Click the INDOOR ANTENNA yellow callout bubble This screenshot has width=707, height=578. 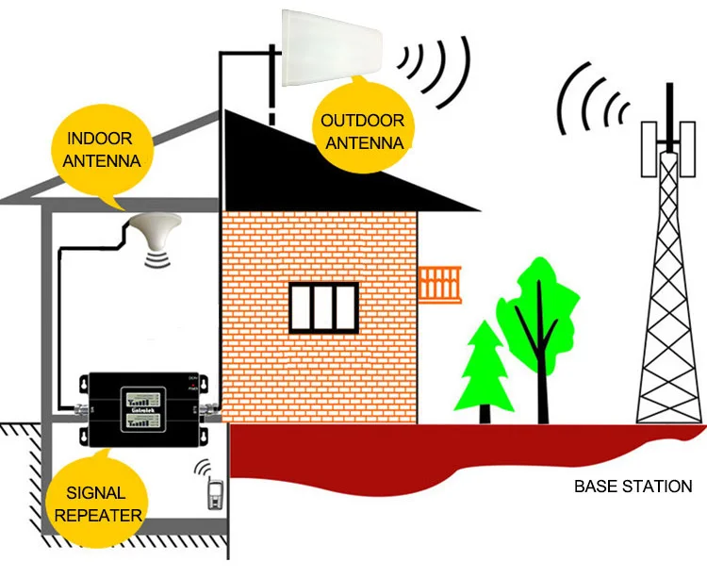coord(103,150)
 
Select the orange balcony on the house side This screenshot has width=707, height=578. coord(440,283)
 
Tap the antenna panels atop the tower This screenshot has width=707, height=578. coord(669,146)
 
